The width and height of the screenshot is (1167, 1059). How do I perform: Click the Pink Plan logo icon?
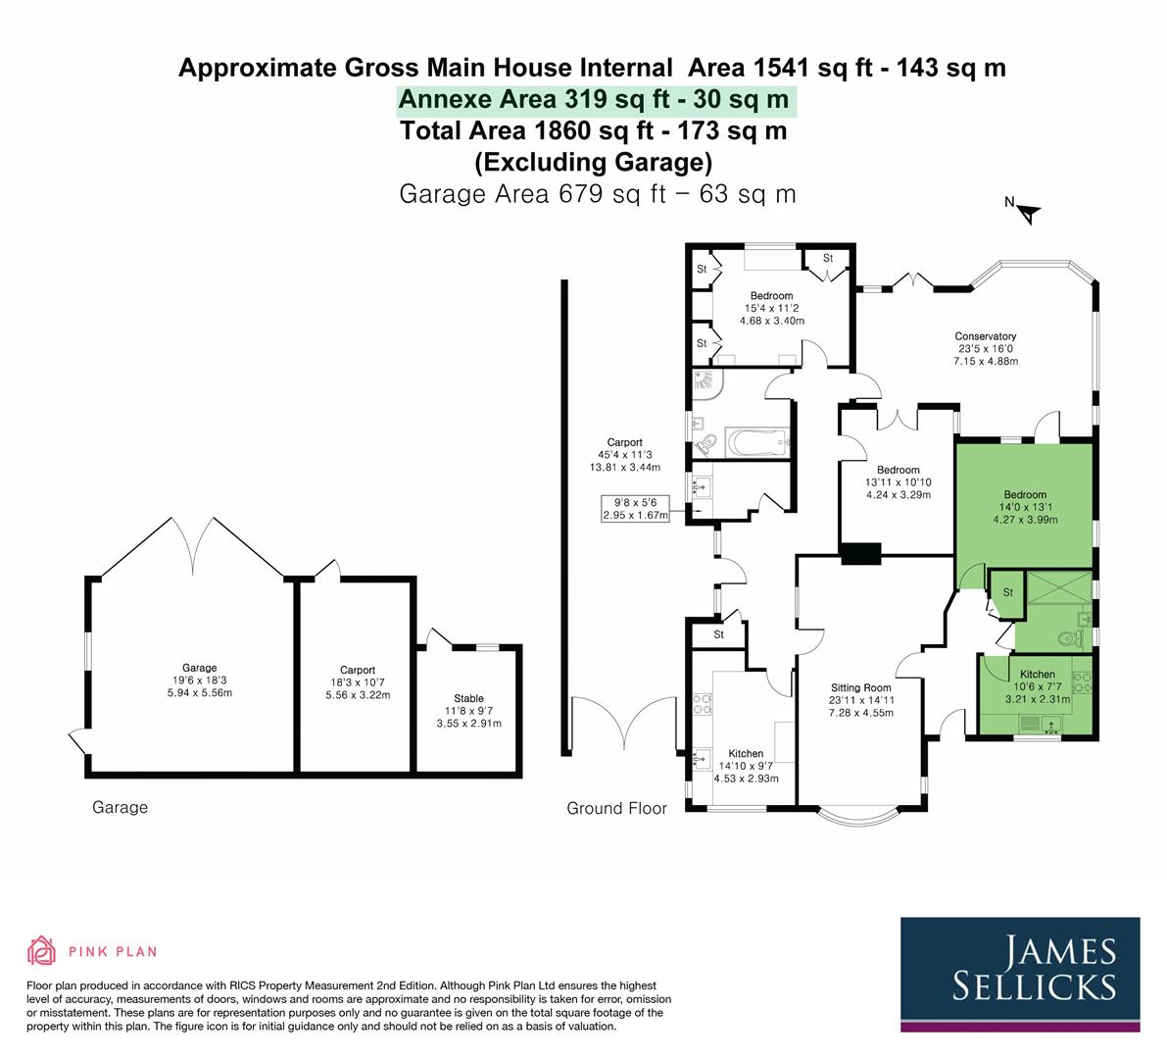click(x=42, y=950)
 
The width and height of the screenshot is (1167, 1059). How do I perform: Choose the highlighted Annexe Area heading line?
click(x=594, y=100)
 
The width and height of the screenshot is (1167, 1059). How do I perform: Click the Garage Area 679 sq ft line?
click(x=598, y=193)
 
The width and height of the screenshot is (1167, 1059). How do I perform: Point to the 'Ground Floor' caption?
click(x=616, y=808)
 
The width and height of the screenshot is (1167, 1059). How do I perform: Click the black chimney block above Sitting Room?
click(x=860, y=553)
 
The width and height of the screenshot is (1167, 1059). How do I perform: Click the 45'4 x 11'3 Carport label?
click(x=623, y=454)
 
